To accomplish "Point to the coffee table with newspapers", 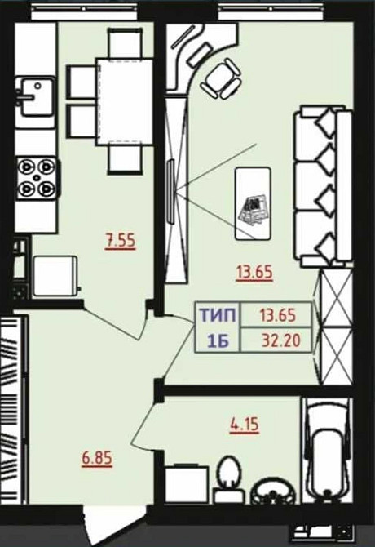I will point(254,204).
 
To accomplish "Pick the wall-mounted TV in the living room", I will point(170,191).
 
